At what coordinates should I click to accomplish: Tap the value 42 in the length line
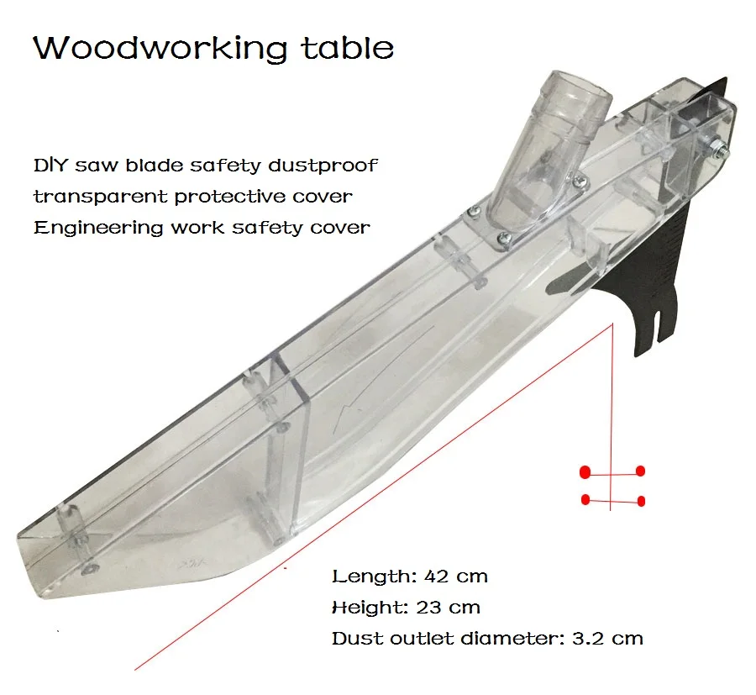pyautogui.click(x=428, y=577)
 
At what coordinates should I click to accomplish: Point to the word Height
pyautogui.click(x=364, y=607)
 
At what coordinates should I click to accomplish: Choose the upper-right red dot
pyautogui.click(x=641, y=471)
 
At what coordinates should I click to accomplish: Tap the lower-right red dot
pyautogui.click(x=641, y=501)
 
